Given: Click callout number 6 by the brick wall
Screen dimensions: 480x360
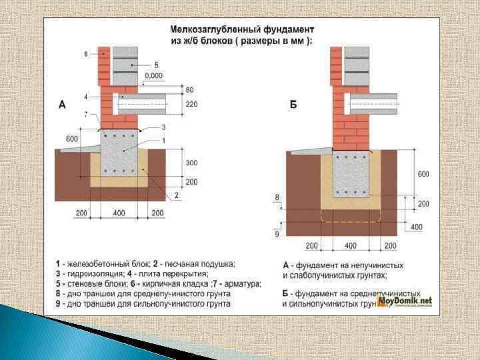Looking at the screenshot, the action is point(86,54).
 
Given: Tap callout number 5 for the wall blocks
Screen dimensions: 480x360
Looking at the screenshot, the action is point(156,65).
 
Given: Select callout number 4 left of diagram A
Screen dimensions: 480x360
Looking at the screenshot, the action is point(86,97).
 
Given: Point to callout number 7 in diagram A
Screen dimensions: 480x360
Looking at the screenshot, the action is point(86,114).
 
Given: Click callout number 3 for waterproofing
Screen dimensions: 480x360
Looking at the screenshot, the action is point(163,127).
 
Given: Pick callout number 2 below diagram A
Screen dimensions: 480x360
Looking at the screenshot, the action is point(177,195).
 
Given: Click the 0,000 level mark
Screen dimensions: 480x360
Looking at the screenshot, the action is point(153,76).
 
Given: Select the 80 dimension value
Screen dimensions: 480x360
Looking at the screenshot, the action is point(190,89).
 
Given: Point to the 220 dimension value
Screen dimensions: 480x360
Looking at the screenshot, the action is point(191,104).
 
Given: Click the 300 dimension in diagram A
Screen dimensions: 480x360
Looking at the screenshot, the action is point(191,163).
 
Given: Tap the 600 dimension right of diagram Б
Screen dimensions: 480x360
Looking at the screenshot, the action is point(423,174).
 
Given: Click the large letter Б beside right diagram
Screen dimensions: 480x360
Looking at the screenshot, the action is point(293,104).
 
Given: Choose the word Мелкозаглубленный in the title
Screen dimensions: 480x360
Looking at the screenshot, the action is point(208,30).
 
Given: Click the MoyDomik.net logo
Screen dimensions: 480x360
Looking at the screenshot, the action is point(404,301).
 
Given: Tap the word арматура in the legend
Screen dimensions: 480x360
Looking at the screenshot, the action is point(241,283).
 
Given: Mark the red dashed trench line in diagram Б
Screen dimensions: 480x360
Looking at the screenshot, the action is point(351,220).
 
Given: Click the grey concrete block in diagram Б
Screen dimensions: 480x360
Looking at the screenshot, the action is point(351,175).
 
